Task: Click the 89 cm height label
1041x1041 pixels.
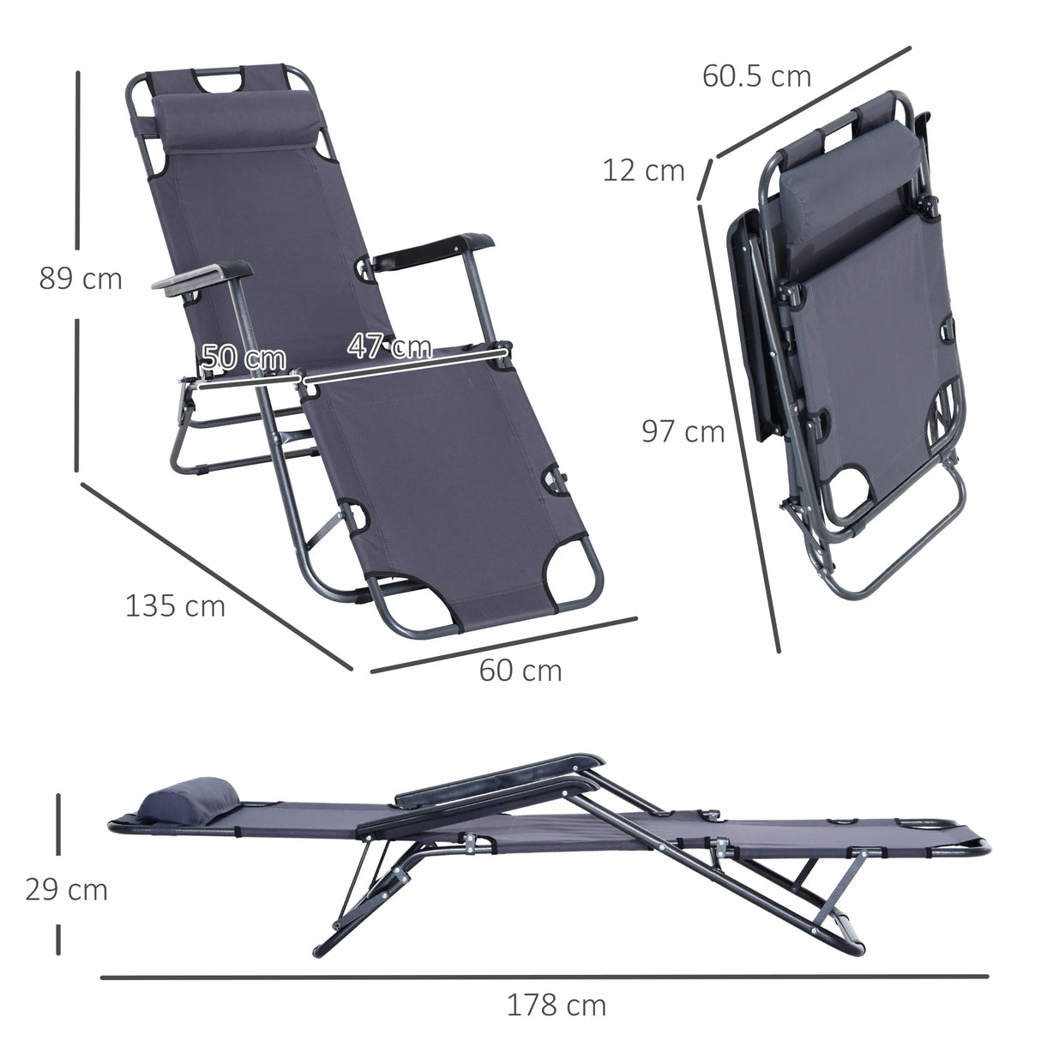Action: (81, 279)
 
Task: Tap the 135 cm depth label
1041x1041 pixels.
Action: (175, 605)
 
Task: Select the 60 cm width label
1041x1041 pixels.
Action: (520, 670)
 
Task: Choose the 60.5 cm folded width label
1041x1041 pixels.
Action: (756, 75)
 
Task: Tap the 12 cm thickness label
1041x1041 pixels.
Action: (643, 171)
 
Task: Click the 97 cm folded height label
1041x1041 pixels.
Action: (683, 431)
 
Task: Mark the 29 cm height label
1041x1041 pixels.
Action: (66, 889)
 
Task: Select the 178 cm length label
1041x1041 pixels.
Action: (556, 1004)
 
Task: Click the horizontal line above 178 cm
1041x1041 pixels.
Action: (544, 976)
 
